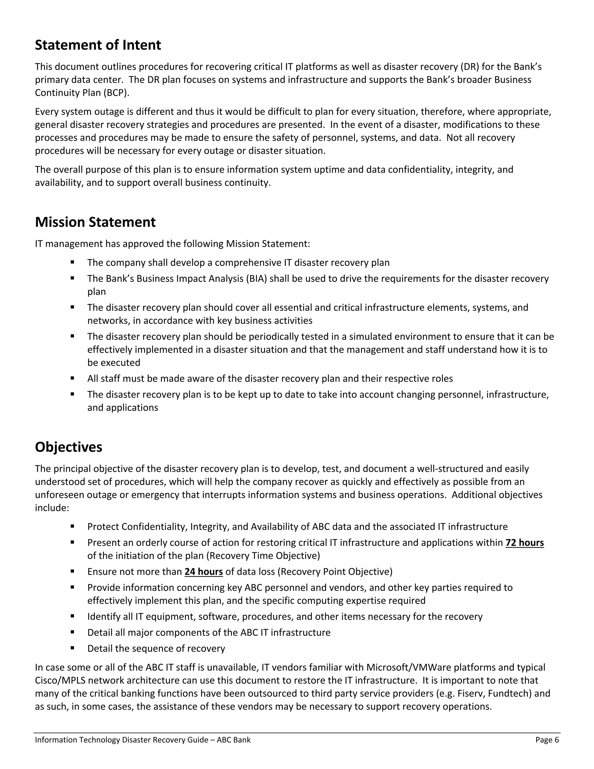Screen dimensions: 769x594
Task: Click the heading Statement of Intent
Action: click(98, 45)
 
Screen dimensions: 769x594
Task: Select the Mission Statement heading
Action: click(95, 222)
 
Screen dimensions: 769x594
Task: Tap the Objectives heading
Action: click(69, 447)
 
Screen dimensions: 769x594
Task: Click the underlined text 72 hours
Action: click(524, 543)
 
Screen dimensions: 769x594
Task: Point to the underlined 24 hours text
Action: click(203, 571)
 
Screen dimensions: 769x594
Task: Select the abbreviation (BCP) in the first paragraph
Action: click(116, 93)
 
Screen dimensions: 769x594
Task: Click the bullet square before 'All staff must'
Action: click(73, 378)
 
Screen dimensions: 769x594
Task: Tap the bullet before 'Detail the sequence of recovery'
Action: click(73, 648)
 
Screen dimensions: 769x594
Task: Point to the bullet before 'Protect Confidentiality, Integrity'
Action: click(73, 526)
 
